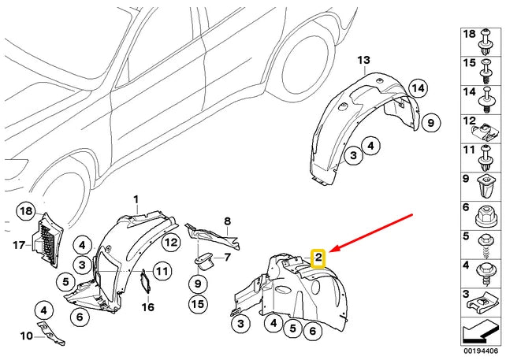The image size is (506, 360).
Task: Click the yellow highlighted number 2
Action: click(x=318, y=257)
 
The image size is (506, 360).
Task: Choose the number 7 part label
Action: click(x=226, y=257)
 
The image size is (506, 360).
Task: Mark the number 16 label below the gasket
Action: click(x=147, y=307)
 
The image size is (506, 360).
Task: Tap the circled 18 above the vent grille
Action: click(x=26, y=211)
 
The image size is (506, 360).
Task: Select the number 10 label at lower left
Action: click(x=26, y=336)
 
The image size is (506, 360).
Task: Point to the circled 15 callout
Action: click(x=196, y=303)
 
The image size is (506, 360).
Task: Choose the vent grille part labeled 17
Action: click(x=45, y=239)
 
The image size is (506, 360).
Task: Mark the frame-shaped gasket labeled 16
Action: click(x=146, y=281)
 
